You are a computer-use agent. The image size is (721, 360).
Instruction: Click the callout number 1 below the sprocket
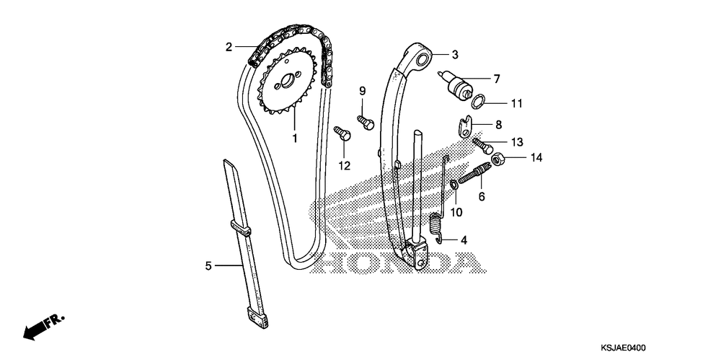pos(294,137)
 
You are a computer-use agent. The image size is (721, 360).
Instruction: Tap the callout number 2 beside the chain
pos(229,48)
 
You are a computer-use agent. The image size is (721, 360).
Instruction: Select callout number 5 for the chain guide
pos(208,266)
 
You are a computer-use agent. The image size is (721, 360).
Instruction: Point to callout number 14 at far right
pos(536,157)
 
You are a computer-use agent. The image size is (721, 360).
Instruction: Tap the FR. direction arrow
pos(43,324)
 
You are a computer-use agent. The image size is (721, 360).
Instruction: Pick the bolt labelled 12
pos(342,133)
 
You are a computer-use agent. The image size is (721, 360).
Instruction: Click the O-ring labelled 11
pos(468,102)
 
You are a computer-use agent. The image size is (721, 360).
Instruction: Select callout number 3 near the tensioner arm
pos(455,54)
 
